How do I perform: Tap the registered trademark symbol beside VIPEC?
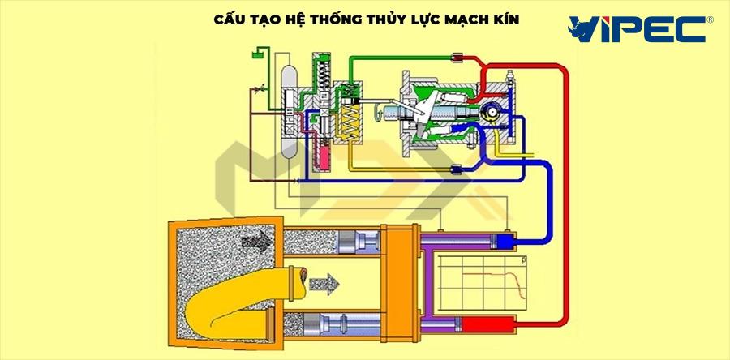point(711,18)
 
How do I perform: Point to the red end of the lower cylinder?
point(492,327)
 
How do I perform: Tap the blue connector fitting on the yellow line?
point(456,170)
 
